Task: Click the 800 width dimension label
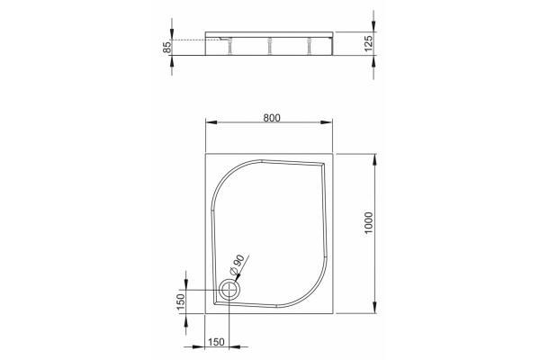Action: (x=272, y=118)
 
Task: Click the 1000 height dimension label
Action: (x=368, y=223)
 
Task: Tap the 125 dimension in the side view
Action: (x=368, y=43)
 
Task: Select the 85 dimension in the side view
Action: (x=166, y=47)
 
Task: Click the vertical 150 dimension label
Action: (x=181, y=302)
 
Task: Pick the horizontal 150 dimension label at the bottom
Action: (x=216, y=342)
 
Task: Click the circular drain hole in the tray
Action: (x=228, y=290)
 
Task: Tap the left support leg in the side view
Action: (x=229, y=47)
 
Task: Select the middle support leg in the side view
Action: (x=270, y=47)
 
